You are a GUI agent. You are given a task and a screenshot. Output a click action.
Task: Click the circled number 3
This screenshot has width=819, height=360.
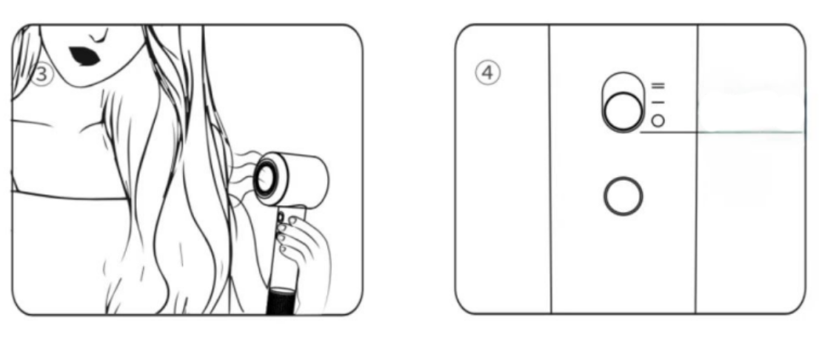41,74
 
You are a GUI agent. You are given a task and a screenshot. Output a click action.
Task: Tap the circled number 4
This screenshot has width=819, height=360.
487,73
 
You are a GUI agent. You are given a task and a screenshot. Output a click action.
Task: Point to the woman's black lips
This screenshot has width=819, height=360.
84,56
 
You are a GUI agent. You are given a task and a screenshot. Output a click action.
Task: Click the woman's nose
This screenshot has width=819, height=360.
98,35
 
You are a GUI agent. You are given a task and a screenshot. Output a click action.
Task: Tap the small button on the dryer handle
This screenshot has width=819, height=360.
280,216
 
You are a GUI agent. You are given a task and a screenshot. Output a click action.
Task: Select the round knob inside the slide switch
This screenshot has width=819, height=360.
624,111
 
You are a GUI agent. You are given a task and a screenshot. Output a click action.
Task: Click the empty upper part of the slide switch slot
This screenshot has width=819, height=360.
623,81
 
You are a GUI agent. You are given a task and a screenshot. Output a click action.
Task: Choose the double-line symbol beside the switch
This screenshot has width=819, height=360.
658,86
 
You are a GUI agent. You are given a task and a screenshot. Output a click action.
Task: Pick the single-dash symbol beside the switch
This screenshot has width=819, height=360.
658,102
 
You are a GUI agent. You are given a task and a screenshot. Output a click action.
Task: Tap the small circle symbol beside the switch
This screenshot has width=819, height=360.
658,121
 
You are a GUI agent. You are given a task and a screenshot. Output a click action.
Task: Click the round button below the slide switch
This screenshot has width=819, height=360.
623,196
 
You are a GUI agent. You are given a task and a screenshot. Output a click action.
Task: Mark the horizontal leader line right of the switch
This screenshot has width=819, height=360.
722,132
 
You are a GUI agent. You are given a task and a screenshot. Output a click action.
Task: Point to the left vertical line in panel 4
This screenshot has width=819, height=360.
550,169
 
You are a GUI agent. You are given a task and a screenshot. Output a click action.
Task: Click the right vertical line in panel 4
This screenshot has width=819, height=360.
697,169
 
